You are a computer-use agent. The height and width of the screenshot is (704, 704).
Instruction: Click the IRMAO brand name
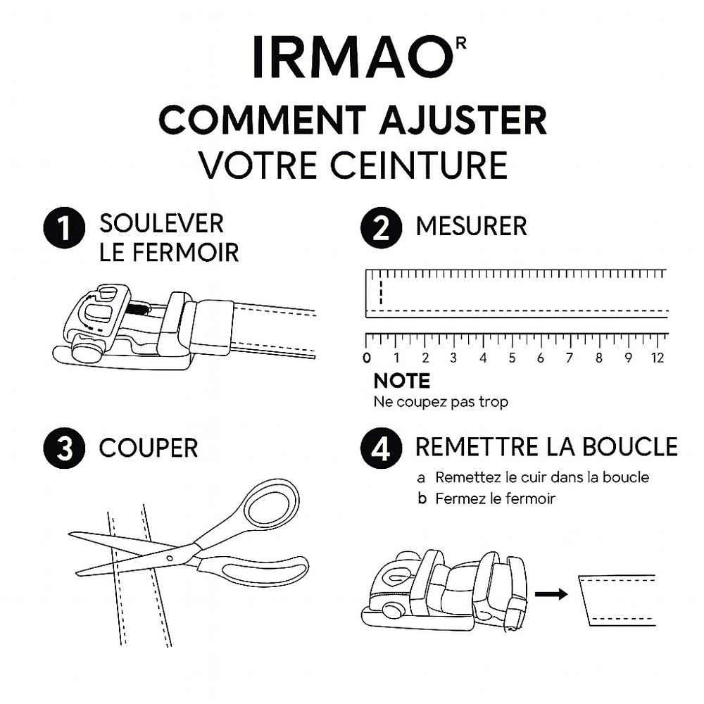tap(351, 57)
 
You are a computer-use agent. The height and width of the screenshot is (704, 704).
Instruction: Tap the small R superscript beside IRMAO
tap(461, 42)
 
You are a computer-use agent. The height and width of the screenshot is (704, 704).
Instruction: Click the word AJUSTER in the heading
tap(462, 120)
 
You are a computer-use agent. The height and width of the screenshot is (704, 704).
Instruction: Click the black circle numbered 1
tap(65, 230)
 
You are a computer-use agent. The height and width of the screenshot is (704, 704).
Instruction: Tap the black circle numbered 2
tap(381, 230)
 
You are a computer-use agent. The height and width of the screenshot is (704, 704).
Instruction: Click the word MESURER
tap(471, 227)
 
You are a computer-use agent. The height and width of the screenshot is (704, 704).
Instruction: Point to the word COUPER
tap(149, 448)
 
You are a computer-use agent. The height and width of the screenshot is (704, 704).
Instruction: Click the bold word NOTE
tap(401, 382)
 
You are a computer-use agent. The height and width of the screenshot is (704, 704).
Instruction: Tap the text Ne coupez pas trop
tap(441, 403)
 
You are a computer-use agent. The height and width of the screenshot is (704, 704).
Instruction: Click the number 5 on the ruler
tap(512, 358)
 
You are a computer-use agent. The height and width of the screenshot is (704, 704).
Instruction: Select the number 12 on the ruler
tap(658, 358)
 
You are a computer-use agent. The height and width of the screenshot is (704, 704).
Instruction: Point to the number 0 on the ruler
tap(367, 358)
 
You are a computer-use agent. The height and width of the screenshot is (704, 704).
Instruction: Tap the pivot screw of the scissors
tap(169, 558)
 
